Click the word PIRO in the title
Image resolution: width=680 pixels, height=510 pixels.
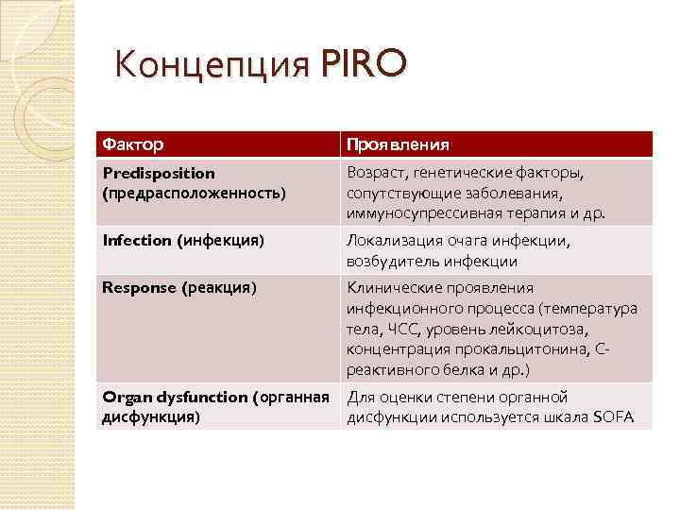[364, 64]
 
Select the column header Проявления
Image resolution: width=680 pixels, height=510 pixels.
[397, 144]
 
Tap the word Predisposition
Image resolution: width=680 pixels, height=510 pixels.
[158, 174]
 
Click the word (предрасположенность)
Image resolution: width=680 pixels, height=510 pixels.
[193, 193]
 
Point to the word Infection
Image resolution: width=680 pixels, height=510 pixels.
[136, 240]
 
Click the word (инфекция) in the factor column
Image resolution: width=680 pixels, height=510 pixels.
[220, 240]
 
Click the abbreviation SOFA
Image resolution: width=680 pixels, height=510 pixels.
[615, 417]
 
